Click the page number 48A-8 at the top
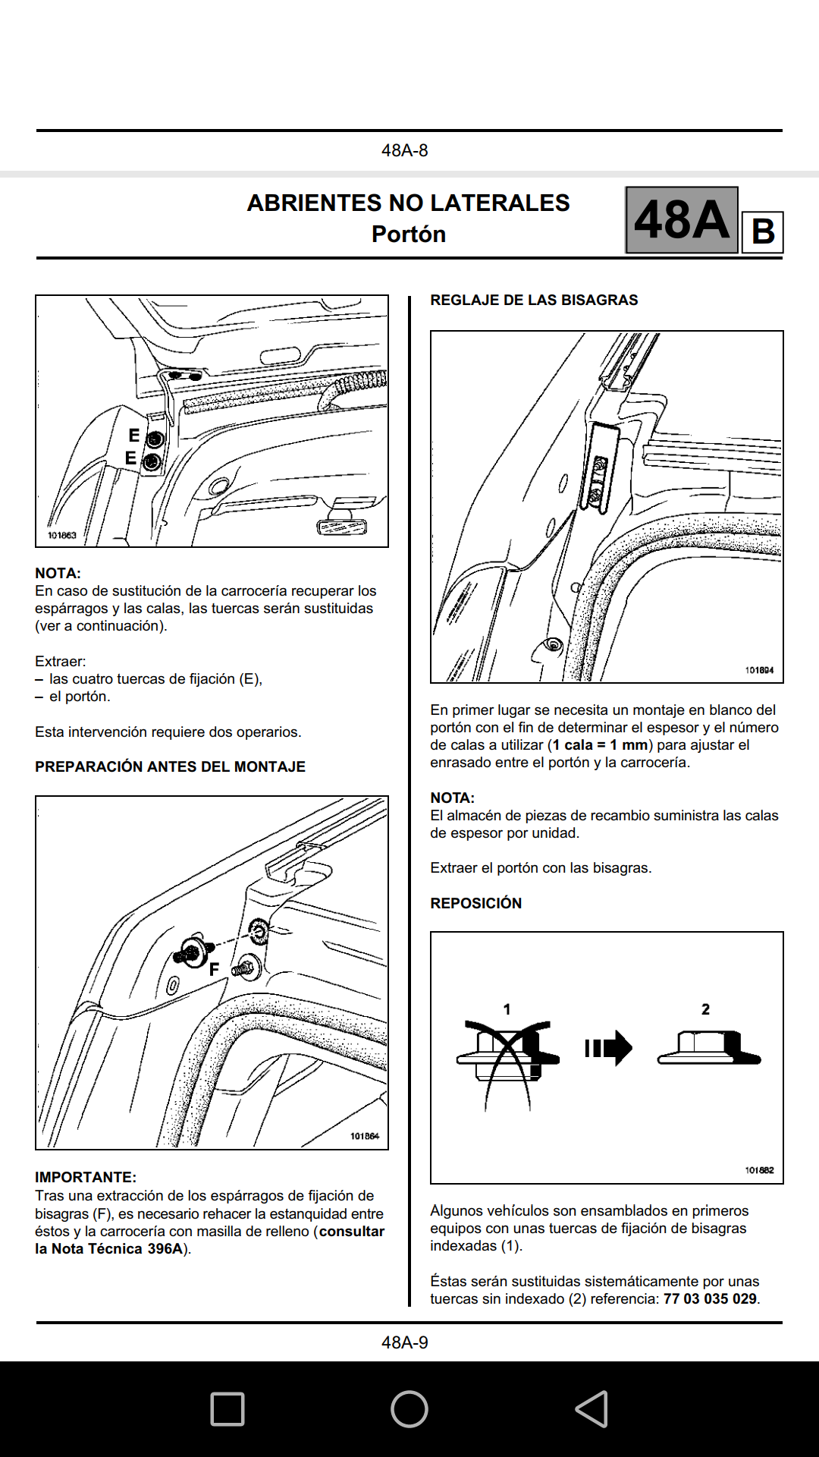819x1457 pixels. click(x=404, y=150)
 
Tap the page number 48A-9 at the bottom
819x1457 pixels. click(x=404, y=1342)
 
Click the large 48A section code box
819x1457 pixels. click(x=681, y=220)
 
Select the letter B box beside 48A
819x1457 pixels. click(x=762, y=231)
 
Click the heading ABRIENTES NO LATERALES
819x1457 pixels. click(x=408, y=203)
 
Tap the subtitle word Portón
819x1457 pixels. click(x=408, y=234)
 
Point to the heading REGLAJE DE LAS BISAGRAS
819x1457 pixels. click(x=534, y=300)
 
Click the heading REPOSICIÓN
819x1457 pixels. click(x=475, y=903)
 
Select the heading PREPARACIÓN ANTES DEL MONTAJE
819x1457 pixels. click(x=170, y=766)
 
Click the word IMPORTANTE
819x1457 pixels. click(x=85, y=1177)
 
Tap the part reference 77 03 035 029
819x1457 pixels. click(x=710, y=1298)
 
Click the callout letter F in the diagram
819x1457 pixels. click(x=214, y=969)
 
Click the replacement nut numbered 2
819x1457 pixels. click(x=708, y=1049)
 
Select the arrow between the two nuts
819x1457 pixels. click(x=608, y=1048)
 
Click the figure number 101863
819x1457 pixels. click(x=62, y=535)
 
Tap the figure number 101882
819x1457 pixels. click(x=759, y=1170)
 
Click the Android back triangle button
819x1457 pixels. click(x=591, y=1409)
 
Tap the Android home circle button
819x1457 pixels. click(x=409, y=1409)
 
